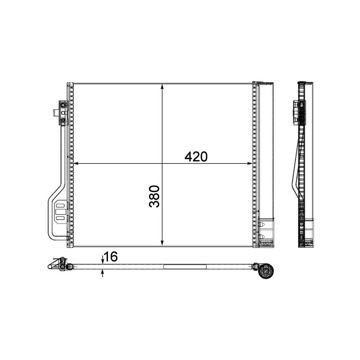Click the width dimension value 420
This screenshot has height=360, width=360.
(x=196, y=157)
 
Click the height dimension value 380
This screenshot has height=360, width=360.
(x=154, y=196)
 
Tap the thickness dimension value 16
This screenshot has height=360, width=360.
(x=111, y=257)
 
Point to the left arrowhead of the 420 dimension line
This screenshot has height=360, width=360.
(x=76, y=163)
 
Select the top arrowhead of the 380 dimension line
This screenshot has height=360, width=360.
(x=162, y=87)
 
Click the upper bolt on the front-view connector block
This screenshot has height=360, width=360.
(x=63, y=106)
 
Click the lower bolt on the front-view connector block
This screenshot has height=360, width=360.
(x=63, y=120)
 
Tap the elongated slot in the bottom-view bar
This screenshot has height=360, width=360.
(x=184, y=267)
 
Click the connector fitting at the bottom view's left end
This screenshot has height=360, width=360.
(x=58, y=265)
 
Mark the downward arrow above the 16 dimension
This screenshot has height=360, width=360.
(x=103, y=261)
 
